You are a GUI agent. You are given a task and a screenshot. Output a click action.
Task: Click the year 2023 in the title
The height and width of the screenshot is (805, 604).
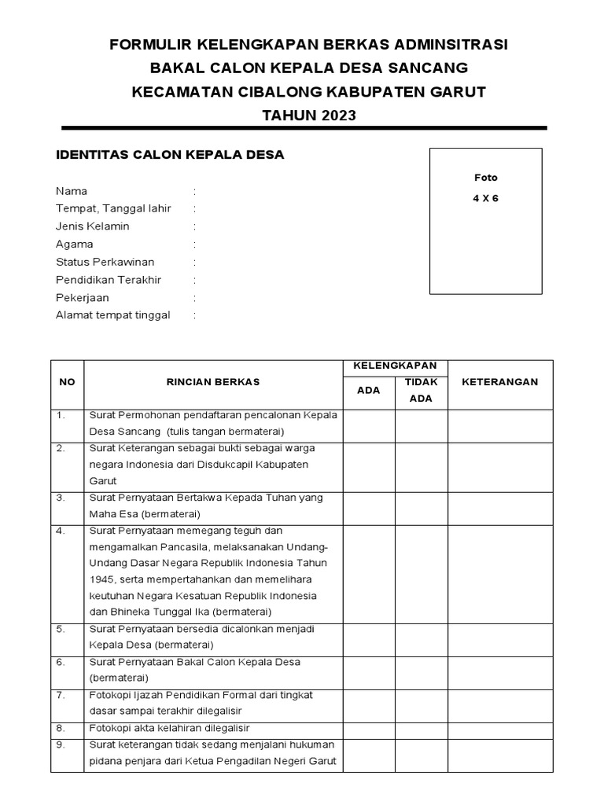point(337,116)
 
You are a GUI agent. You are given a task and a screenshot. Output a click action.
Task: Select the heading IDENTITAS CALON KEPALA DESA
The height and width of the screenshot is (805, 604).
point(170,155)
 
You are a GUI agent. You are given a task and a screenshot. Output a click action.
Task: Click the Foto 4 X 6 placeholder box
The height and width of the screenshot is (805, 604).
point(485,221)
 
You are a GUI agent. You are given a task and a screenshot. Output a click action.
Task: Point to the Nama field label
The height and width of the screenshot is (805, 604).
point(72,191)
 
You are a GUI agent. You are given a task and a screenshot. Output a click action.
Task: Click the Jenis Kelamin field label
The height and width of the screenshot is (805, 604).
point(93,226)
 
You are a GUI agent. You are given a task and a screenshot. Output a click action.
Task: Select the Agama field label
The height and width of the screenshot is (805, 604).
point(75,244)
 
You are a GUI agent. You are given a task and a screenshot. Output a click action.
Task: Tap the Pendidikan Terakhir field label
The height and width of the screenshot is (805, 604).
point(109,280)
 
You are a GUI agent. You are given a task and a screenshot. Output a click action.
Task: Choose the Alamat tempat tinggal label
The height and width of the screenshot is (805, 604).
point(113,315)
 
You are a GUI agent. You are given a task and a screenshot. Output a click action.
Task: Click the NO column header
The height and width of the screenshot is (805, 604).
point(68,382)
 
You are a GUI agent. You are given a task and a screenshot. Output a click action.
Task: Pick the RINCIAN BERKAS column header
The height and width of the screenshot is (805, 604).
point(213,382)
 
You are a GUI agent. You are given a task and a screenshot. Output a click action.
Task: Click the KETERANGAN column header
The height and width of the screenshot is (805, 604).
point(500,382)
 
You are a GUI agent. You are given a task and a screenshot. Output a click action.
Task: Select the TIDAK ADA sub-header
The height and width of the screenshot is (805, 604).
point(422,390)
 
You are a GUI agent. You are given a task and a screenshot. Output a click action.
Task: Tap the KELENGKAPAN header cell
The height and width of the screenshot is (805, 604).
point(395,366)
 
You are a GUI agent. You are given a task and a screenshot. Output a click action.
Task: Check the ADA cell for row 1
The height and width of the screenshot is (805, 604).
point(368,425)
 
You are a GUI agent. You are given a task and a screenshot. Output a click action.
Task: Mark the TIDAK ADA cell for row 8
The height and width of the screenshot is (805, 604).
point(422,728)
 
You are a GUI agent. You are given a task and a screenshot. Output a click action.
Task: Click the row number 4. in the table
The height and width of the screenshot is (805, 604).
point(61,531)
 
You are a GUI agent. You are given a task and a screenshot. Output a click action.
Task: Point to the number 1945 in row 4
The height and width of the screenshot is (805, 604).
point(103,579)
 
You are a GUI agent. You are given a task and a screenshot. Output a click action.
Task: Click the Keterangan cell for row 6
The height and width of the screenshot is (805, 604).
point(500,670)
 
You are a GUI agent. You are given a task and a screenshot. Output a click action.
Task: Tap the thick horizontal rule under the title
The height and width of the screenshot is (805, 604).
point(304,127)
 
